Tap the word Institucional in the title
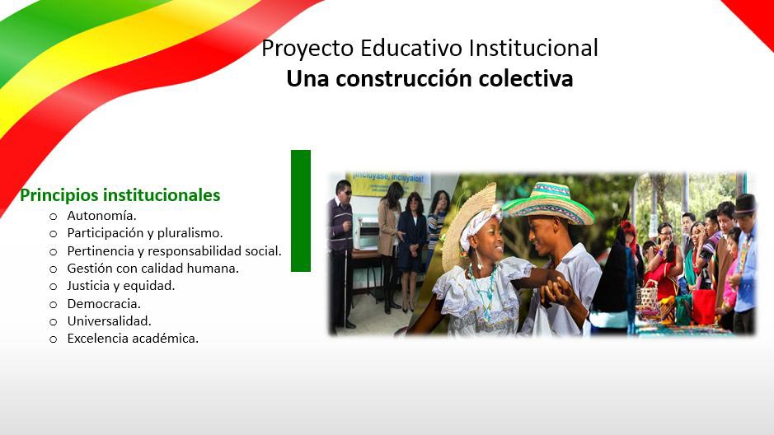tap(533, 48)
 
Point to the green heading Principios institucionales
tap(120, 195)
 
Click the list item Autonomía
tap(101, 216)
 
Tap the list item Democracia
tap(104, 304)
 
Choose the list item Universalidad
tap(109, 321)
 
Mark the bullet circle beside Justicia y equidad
tap(54, 287)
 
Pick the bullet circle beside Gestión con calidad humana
tap(54, 269)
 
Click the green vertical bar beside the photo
tap(301, 211)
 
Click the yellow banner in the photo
tap(388, 184)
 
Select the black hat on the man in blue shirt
tap(745, 203)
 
